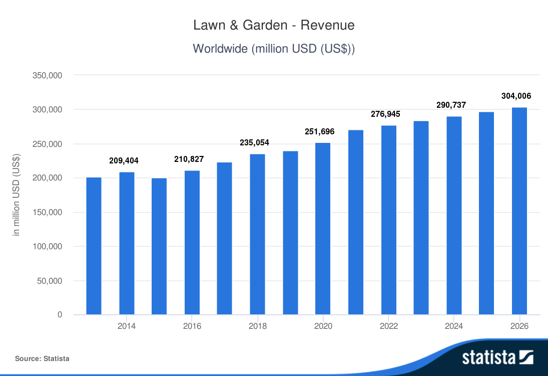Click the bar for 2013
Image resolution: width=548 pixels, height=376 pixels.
click(x=94, y=246)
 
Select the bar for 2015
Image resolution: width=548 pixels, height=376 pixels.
click(x=159, y=246)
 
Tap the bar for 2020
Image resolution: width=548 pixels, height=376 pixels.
click(x=323, y=229)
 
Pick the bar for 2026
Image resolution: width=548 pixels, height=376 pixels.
click(x=519, y=211)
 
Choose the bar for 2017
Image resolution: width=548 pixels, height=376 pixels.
click(x=225, y=239)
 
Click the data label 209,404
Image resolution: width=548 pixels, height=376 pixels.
click(x=124, y=161)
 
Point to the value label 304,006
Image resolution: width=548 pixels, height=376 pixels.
click(x=516, y=96)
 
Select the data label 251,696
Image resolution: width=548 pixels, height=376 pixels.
click(x=320, y=132)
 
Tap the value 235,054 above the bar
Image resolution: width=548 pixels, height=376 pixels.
click(x=254, y=143)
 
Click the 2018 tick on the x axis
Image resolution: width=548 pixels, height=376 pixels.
click(x=257, y=326)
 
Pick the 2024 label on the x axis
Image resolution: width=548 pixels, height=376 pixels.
click(x=453, y=326)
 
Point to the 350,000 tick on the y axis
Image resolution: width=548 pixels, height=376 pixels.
click(x=47, y=75)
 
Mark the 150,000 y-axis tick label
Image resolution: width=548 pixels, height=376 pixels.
click(x=47, y=212)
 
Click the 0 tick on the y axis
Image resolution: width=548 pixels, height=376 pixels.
click(x=59, y=315)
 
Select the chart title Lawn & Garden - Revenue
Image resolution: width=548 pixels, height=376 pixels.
click(x=274, y=25)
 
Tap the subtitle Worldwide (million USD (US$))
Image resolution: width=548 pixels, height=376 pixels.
click(x=274, y=49)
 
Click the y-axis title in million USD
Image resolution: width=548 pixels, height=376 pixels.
click(x=17, y=195)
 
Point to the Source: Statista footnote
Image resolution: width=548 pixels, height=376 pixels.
click(x=42, y=358)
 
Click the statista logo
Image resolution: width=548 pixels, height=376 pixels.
click(x=497, y=357)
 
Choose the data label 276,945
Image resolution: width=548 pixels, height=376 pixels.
click(x=385, y=114)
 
